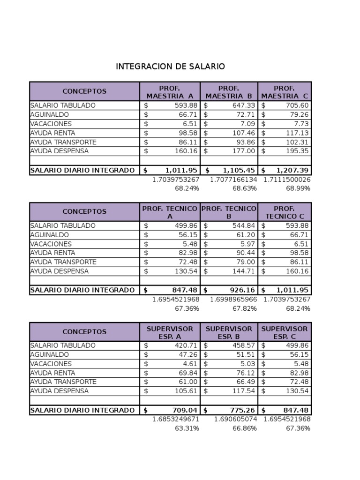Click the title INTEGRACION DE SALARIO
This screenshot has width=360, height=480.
coord(170,67)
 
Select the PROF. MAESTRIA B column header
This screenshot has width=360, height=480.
coord(229,92)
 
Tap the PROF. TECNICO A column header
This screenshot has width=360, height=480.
coord(170,212)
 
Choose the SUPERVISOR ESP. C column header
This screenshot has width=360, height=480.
coord(285,332)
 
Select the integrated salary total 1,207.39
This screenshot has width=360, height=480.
coord(292,170)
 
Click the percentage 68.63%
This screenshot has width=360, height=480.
coord(245,188)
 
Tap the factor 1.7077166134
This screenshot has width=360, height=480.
coord(233,180)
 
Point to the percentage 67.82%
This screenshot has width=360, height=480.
coord(245,308)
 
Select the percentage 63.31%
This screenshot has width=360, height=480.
coord(187,428)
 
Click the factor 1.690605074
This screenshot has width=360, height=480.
coord(235,419)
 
